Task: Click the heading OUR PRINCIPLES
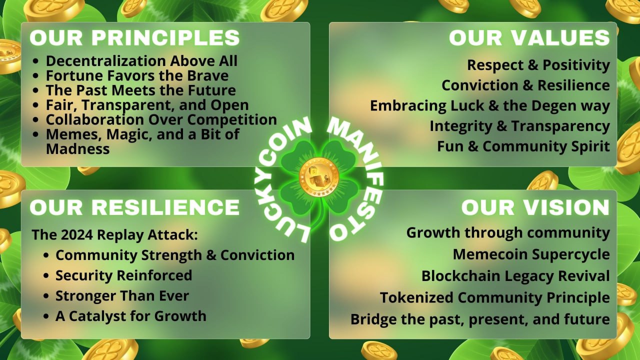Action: coord(134,37)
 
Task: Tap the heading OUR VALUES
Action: coord(529,37)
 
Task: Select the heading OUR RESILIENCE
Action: coord(134,207)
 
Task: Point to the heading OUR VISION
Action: coord(535,207)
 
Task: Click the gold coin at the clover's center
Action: coord(319,177)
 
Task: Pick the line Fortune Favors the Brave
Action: coord(137,75)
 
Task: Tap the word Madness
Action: coord(77,149)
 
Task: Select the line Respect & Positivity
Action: coord(538,65)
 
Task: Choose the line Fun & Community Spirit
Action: coord(523,146)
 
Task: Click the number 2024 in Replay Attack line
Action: coord(77,235)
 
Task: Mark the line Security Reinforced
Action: coord(123,275)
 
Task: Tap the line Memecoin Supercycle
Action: coord(531,254)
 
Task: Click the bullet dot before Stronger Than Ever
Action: coord(46,296)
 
